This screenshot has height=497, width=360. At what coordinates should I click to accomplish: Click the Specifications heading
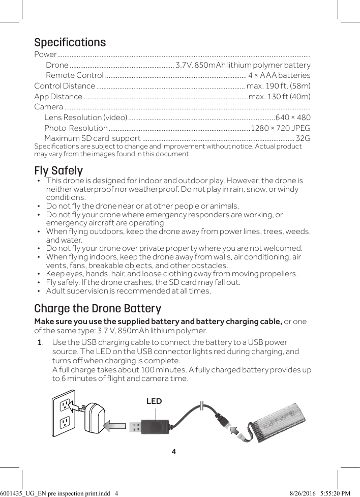(70, 42)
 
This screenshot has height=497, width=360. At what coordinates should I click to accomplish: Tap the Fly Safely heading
(58, 170)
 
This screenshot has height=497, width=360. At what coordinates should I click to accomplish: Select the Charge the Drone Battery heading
(98, 309)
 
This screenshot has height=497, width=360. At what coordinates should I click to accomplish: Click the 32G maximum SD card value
(303, 138)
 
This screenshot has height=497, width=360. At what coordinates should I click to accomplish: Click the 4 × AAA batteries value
(279, 75)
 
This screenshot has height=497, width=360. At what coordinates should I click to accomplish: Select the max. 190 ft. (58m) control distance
(279, 85)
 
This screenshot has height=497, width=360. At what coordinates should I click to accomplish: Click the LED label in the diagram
(154, 401)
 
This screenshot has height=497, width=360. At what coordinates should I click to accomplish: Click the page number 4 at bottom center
(174, 452)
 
